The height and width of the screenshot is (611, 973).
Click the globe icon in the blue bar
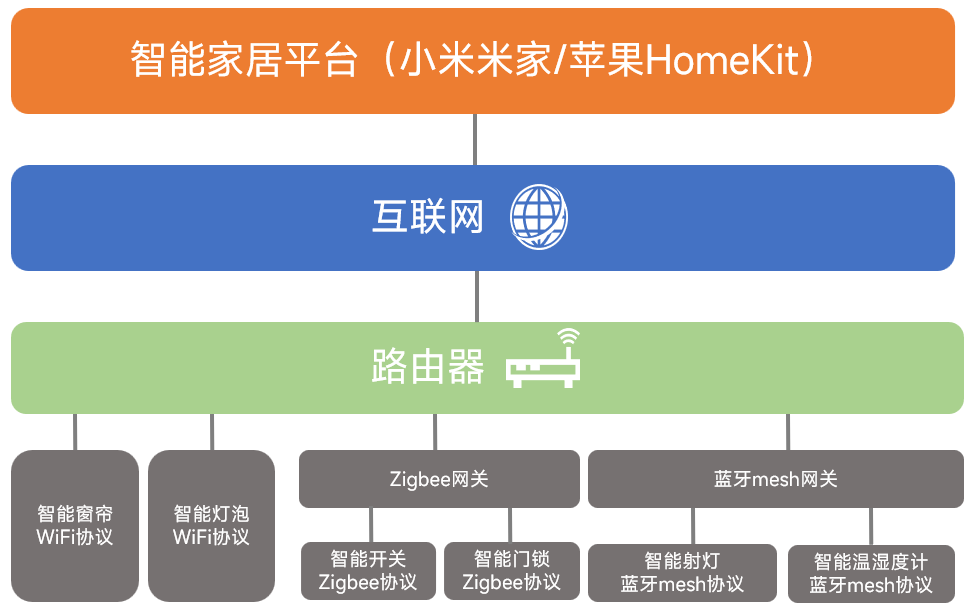[539, 216]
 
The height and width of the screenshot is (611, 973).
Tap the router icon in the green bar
[544, 363]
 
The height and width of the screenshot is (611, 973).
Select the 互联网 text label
[427, 217]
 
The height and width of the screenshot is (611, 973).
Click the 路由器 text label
[427, 367]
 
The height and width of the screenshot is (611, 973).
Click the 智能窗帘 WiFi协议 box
[75, 526]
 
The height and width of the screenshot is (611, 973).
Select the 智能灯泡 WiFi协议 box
[211, 526]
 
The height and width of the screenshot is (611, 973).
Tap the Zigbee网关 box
[439, 479]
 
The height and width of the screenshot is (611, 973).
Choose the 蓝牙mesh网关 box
[775, 479]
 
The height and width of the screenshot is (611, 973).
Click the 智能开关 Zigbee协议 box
[368, 570]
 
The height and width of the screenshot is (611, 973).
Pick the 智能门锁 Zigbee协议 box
[512, 570]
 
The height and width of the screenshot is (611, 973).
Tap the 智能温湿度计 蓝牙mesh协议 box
[871, 574]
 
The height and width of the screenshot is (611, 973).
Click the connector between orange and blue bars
[475, 139]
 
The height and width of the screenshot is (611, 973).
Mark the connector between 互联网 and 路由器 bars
[475, 296]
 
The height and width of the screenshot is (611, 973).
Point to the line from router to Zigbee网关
[435, 432]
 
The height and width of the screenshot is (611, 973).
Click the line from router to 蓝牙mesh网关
[788, 432]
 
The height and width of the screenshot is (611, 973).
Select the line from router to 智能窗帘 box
[75, 432]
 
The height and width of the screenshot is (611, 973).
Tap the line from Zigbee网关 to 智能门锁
[510, 525]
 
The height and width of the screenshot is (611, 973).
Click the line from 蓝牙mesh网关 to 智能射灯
[692, 526]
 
